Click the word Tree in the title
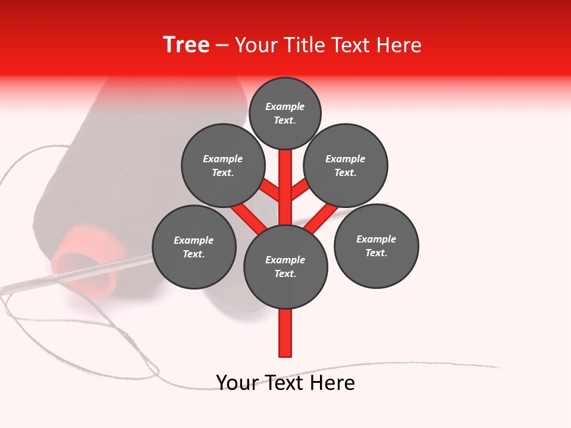click(x=186, y=45)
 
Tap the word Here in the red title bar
click(x=399, y=45)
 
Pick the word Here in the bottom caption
click(x=334, y=383)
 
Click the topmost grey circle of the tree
click(x=285, y=113)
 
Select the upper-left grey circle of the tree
click(x=223, y=165)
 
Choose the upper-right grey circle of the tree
click(x=346, y=165)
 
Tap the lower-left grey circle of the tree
click(x=194, y=247)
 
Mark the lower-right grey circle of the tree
click(x=376, y=246)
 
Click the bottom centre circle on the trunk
click(x=285, y=267)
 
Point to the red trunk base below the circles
click(x=285, y=333)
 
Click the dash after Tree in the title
click(x=222, y=46)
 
